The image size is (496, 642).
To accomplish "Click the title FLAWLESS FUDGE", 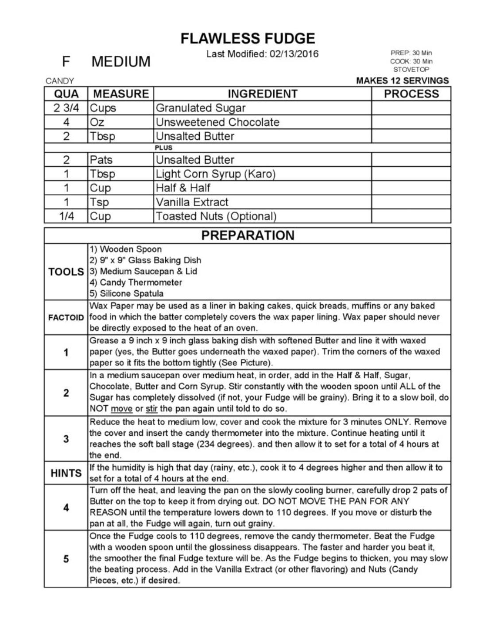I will coord(248,38).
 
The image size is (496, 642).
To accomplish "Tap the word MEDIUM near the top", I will coord(121,61).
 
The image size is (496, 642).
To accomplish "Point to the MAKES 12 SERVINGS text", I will coord(402,81).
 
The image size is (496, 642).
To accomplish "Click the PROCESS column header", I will coord(411,94).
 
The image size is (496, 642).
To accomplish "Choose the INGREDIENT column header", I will coord(262,94).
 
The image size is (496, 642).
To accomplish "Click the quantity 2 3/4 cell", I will coord(66,108).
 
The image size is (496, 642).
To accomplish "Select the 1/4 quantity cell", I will coord(66,216).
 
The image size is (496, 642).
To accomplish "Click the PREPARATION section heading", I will coord(248,235).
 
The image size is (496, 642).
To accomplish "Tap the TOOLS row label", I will coord(66,272).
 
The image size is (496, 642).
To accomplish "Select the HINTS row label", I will coord(66,473).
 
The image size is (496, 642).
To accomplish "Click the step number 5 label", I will coord(66,559).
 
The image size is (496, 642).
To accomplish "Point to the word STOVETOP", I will coord(411,69).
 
